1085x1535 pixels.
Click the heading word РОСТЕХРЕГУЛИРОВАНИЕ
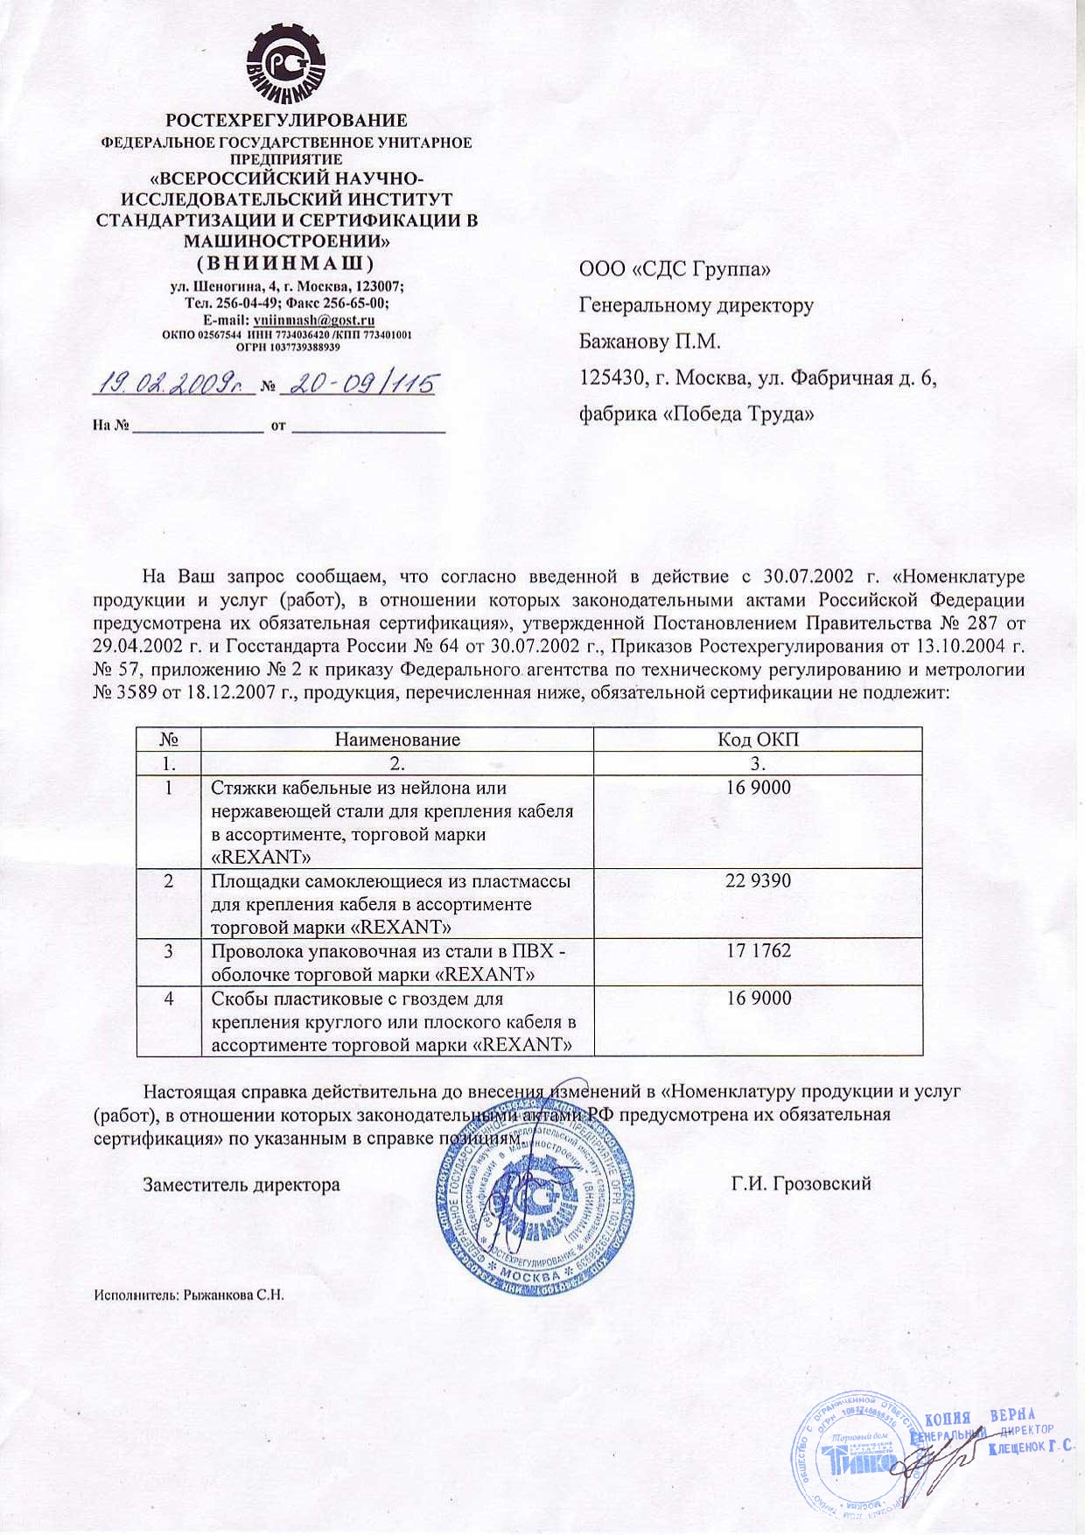pos(287,121)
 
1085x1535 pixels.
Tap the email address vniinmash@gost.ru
pos(314,320)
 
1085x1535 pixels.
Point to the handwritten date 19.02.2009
pos(173,383)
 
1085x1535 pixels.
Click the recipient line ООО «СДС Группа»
pos(675,270)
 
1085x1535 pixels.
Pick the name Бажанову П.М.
pos(649,341)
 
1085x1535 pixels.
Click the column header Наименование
pos(397,739)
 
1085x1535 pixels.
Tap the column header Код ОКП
pos(758,739)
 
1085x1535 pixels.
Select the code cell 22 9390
pos(758,880)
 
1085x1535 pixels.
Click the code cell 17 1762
pos(758,950)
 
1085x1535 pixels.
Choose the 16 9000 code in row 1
pos(758,788)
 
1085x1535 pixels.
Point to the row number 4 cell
pos(169,999)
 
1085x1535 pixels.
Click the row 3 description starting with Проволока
pos(388,962)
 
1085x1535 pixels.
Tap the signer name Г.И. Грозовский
pos(801,1184)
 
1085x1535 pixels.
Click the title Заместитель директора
pos(241,1185)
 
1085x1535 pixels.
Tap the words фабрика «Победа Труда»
pos(696,414)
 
